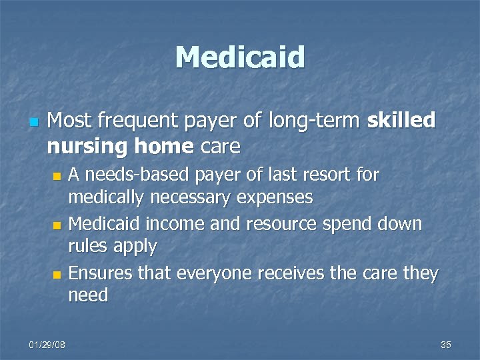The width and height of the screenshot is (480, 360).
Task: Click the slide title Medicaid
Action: [240, 57]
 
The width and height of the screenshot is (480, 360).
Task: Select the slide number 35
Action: [446, 344]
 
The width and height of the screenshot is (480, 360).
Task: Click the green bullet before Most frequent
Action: [33, 122]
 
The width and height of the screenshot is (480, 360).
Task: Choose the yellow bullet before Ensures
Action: [57, 274]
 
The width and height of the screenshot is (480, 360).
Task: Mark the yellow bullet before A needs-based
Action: [57, 176]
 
